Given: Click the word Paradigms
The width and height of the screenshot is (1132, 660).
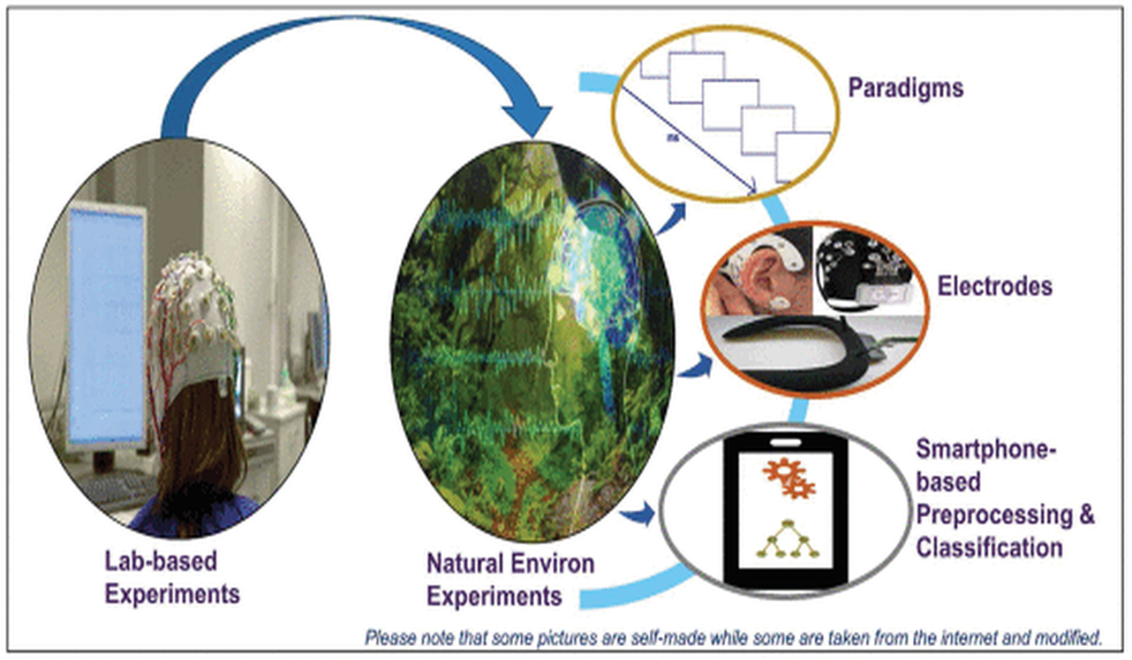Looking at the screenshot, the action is (906, 89).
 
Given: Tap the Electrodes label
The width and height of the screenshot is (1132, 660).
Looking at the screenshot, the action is (995, 287).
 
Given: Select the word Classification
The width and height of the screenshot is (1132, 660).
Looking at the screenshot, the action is (990, 548).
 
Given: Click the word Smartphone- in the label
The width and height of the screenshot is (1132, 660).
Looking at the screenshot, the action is (987, 449).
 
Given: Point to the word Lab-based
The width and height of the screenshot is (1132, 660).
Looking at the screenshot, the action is (160, 561).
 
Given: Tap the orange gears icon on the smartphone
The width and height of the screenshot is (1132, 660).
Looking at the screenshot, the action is (789, 479).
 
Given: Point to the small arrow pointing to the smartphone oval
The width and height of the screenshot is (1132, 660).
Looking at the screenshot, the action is (639, 515).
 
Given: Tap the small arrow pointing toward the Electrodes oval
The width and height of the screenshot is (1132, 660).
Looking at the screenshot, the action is (696, 366).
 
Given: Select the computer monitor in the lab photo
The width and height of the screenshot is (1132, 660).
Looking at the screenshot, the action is (107, 328).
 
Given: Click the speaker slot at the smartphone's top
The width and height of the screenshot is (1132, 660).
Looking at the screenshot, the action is (787, 442).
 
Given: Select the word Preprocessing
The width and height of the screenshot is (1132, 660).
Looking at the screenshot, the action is (994, 515).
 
